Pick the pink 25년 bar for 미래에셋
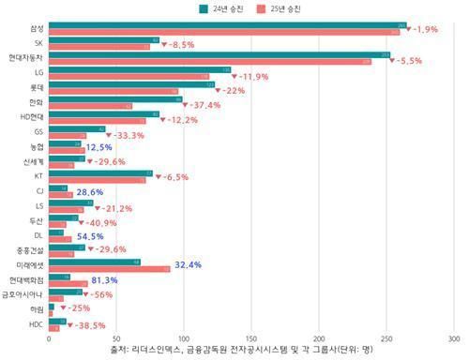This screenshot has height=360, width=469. tap(109, 269)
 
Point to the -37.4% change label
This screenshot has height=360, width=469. tap(203, 105)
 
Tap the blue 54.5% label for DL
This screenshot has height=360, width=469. tap(90, 236)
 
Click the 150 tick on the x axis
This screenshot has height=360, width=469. tap(251, 338)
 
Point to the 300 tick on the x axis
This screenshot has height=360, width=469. tap(454, 338)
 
